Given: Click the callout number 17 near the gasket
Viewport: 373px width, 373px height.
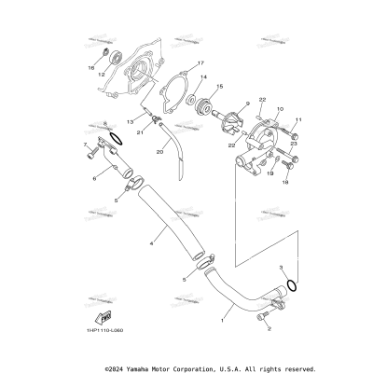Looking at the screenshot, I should tap(199, 63).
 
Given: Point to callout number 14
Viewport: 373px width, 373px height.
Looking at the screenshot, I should tap(203, 77).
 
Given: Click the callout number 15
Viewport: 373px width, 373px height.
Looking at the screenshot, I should tap(220, 86).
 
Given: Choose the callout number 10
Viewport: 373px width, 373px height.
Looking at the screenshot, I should tap(279, 109).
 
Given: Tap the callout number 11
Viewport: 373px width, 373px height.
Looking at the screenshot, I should tap(299, 120).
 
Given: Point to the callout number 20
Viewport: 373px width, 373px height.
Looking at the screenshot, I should tap(159, 151).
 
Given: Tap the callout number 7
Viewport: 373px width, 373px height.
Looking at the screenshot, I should tap(85, 145).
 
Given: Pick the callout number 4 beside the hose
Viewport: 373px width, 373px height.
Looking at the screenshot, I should tap(149, 244).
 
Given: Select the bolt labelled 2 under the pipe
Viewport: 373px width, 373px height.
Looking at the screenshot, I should tap(269, 328).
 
